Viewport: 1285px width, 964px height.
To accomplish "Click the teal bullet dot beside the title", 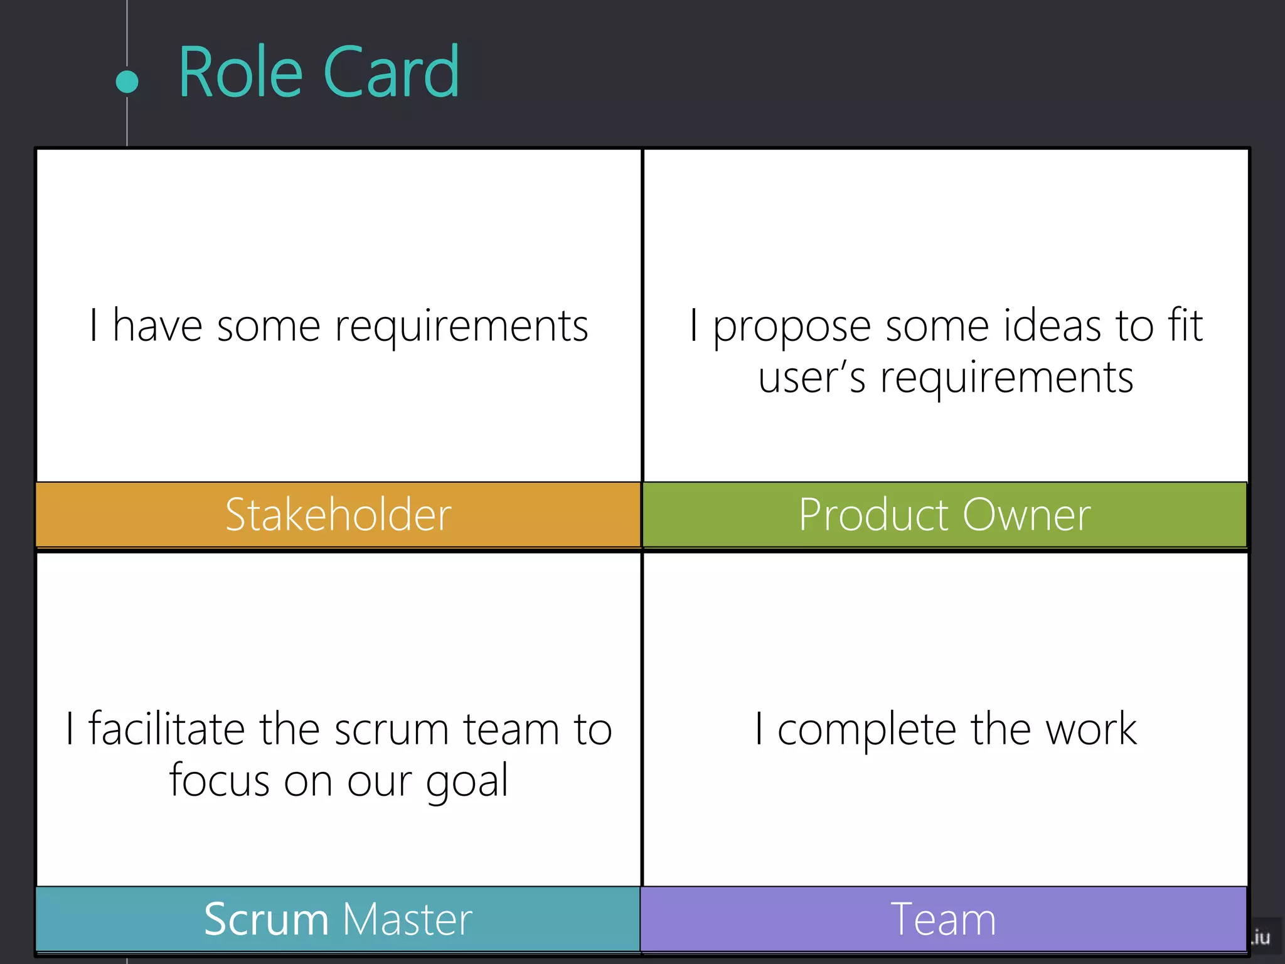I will click(127, 82).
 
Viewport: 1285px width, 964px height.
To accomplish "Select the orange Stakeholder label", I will click(338, 515).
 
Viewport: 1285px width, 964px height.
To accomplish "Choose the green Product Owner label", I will click(944, 515).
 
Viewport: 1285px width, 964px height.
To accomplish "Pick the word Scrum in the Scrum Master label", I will click(266, 919).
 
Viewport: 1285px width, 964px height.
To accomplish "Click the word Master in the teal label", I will click(407, 919).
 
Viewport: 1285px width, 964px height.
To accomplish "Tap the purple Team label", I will click(943, 919).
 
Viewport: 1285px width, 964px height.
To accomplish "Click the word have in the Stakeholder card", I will click(157, 326).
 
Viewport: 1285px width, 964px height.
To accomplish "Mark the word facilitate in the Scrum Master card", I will click(166, 729).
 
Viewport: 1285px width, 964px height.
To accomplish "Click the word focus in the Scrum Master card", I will click(219, 782).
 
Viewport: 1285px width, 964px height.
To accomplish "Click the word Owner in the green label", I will click(1026, 515).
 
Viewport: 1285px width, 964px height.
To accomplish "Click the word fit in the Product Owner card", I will click(1185, 326).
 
